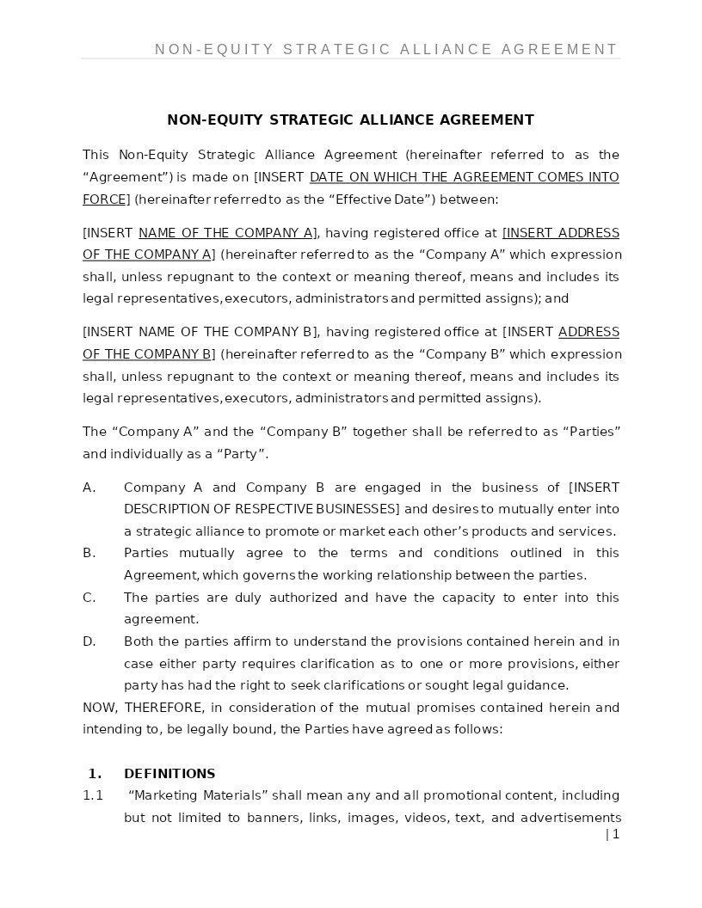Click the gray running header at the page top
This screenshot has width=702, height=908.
(x=386, y=50)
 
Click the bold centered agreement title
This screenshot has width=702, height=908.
(x=350, y=120)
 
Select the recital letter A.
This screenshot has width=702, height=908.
(x=88, y=488)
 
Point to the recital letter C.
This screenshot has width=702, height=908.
(x=88, y=598)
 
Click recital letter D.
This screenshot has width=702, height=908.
(x=88, y=641)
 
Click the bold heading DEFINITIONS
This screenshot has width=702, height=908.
(x=169, y=773)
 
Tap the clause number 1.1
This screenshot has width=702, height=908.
(x=93, y=795)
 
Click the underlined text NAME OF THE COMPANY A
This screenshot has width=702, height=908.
(x=226, y=233)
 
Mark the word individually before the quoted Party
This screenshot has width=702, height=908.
(x=150, y=454)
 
